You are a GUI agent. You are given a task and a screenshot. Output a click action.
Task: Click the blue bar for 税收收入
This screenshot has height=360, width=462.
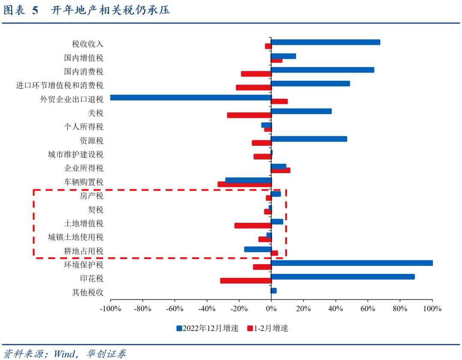(x=325, y=42)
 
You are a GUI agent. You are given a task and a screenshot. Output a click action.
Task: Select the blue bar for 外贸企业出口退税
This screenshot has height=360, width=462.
(x=190, y=97)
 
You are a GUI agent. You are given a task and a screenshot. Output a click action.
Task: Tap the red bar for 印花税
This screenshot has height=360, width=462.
(x=246, y=281)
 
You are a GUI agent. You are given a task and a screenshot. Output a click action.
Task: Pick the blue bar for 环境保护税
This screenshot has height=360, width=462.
(x=352, y=263)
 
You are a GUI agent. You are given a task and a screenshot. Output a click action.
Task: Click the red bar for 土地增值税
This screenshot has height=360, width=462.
(x=253, y=226)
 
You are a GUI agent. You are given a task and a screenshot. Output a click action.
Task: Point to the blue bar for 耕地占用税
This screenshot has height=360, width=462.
(x=258, y=249)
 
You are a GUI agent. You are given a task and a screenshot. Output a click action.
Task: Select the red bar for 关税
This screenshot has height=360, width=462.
(x=249, y=115)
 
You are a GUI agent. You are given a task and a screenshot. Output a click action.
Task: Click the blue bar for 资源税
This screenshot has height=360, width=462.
(x=309, y=139)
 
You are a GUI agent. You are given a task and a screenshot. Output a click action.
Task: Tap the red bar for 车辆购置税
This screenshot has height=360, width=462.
(x=244, y=184)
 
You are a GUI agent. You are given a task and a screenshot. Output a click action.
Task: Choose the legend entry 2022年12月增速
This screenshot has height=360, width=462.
(x=207, y=328)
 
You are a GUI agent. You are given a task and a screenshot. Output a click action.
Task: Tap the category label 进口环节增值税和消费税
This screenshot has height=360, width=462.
(x=59, y=86)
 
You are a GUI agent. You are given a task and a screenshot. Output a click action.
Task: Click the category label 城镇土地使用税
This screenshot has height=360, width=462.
(x=75, y=237)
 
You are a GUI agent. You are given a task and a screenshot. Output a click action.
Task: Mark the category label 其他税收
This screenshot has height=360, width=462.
(x=87, y=292)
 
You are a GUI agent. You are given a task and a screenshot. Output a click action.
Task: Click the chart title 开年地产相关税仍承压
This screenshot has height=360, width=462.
(x=110, y=10)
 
